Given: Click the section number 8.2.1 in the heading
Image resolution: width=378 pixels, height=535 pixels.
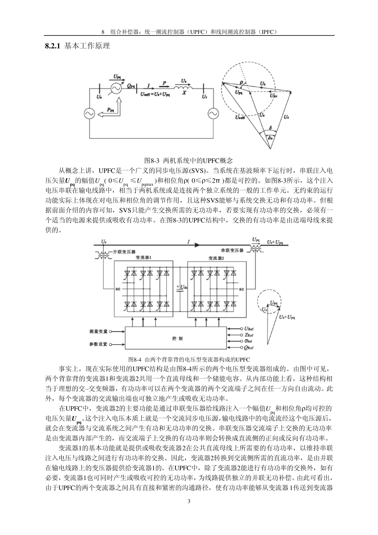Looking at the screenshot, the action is click(53, 46).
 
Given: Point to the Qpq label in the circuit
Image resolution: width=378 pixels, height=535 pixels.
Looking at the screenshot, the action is click(131, 84).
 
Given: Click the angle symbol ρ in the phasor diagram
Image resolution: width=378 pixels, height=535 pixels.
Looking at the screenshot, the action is click(241, 82).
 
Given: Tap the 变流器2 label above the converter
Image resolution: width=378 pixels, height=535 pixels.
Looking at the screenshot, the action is click(216, 258).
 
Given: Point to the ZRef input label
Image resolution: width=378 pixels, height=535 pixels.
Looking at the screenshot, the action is click(249, 335).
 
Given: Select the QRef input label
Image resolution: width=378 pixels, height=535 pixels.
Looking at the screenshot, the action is click(249, 348).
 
